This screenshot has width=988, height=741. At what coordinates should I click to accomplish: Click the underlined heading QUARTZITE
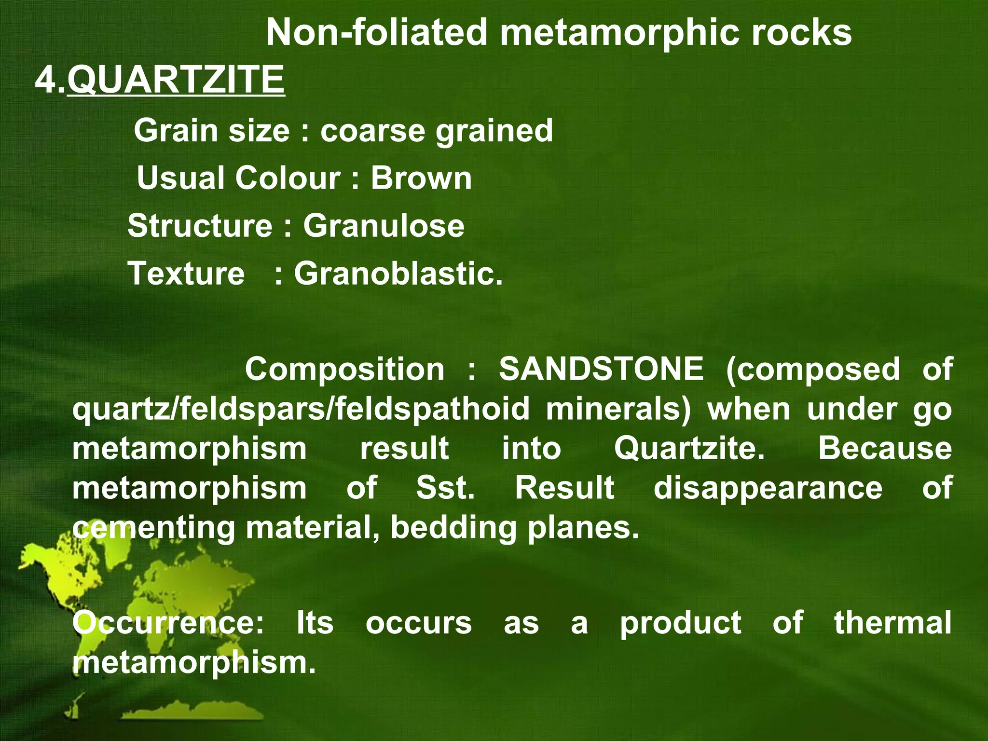[x=176, y=80]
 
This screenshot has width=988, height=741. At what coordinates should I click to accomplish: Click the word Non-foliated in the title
[x=376, y=33]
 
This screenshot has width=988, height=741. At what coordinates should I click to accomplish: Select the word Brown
[x=421, y=178]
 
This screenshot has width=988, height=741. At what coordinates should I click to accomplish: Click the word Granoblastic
[x=398, y=274]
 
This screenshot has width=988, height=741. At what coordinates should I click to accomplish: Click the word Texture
[x=186, y=274]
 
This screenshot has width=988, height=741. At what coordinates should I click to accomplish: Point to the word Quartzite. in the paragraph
[x=689, y=448]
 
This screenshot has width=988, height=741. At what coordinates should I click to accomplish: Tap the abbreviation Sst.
[x=445, y=488]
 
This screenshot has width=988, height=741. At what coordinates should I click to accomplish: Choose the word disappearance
[x=768, y=488]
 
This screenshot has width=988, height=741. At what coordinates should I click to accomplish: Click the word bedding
[x=453, y=527]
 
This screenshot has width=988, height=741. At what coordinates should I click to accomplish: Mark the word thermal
[x=893, y=622]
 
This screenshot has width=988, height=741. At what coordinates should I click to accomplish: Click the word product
[x=681, y=622]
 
